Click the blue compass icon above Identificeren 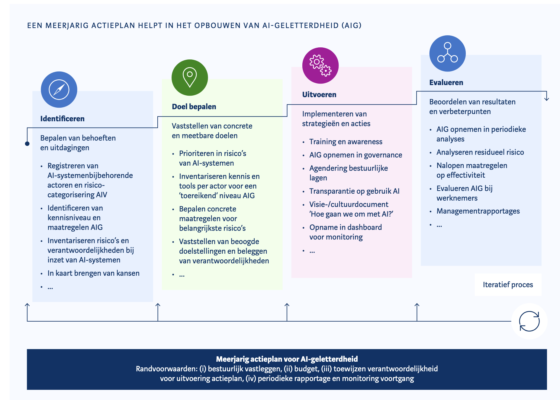pyautogui.click(x=59, y=90)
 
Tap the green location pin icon pyautogui.click(x=190, y=78)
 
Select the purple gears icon pyautogui.click(x=320, y=65)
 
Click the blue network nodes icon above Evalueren pyautogui.click(x=447, y=53)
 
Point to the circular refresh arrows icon pyautogui.click(x=529, y=321)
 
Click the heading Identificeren pyautogui.click(x=62, y=119)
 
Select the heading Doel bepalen pyautogui.click(x=194, y=106)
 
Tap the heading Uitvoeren pyautogui.click(x=319, y=94)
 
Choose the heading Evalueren pyautogui.click(x=446, y=82)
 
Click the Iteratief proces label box pyautogui.click(x=508, y=284)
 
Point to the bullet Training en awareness pyautogui.click(x=346, y=141)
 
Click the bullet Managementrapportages pyautogui.click(x=478, y=211)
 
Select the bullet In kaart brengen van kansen pyautogui.click(x=93, y=273)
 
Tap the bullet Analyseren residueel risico pyautogui.click(x=480, y=152)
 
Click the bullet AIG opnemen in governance pyautogui.click(x=356, y=155)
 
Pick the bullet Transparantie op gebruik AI pyautogui.click(x=354, y=191)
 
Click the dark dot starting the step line pyautogui.click(x=27, y=144)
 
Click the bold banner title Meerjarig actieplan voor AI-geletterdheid pyautogui.click(x=287, y=359)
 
